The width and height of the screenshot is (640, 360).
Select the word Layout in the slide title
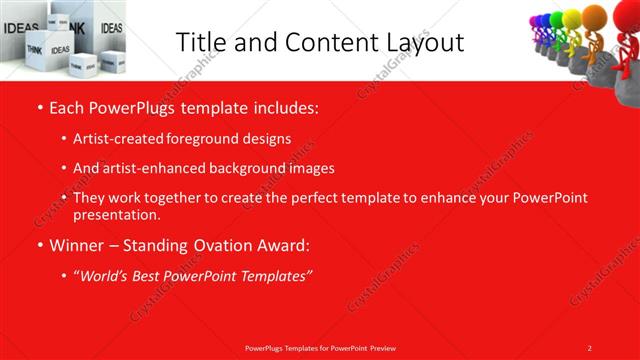(x=421, y=42)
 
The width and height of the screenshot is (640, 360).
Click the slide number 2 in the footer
(x=590, y=347)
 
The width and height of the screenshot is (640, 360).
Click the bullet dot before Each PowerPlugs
(x=39, y=105)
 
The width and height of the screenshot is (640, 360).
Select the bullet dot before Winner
(x=39, y=246)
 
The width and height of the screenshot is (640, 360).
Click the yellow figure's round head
(x=572, y=18)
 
